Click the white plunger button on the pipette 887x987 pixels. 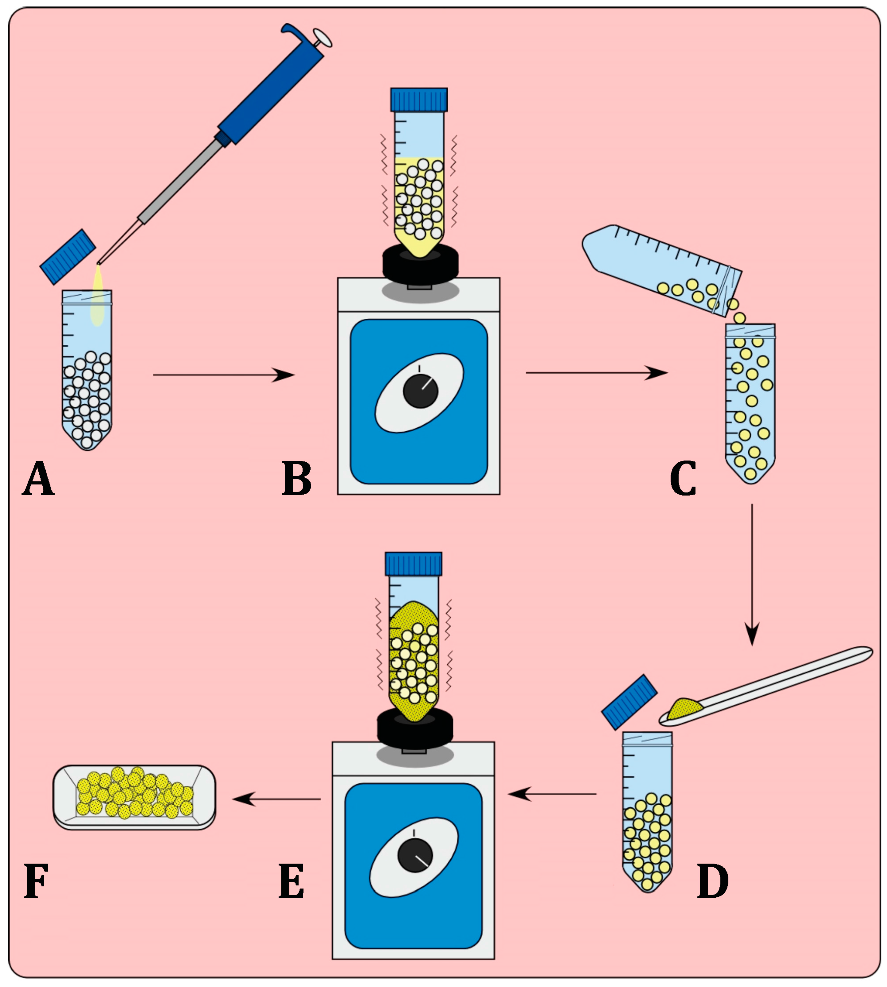click(323, 37)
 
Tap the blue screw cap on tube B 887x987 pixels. click(418, 99)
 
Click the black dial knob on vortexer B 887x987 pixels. click(420, 391)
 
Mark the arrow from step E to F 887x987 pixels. click(277, 799)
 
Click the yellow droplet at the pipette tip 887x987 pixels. click(98, 295)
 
